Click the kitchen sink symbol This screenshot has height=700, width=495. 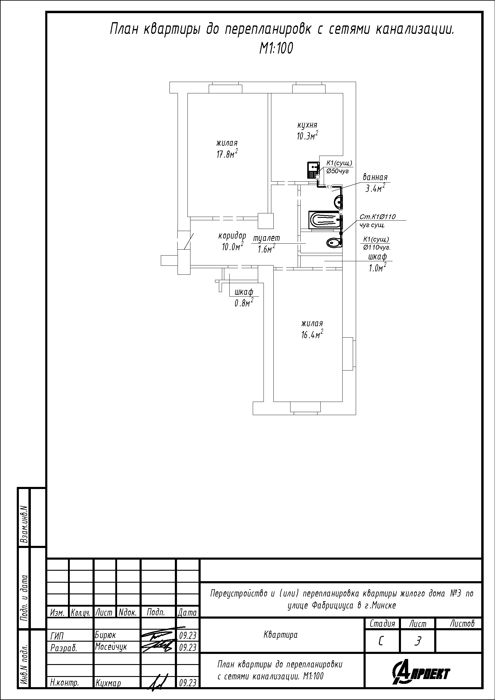tap(313, 170)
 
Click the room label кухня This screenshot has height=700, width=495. tap(307, 125)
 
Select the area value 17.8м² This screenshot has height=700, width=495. tap(227, 154)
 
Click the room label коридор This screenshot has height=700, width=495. tap(232, 236)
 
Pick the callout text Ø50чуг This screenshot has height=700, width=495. tap(337, 171)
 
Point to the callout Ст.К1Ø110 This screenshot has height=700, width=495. tap(378, 217)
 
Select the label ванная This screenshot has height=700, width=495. tap(375, 177)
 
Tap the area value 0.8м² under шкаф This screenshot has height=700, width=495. tap(244, 303)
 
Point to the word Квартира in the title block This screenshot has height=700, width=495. tap(280, 635)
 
